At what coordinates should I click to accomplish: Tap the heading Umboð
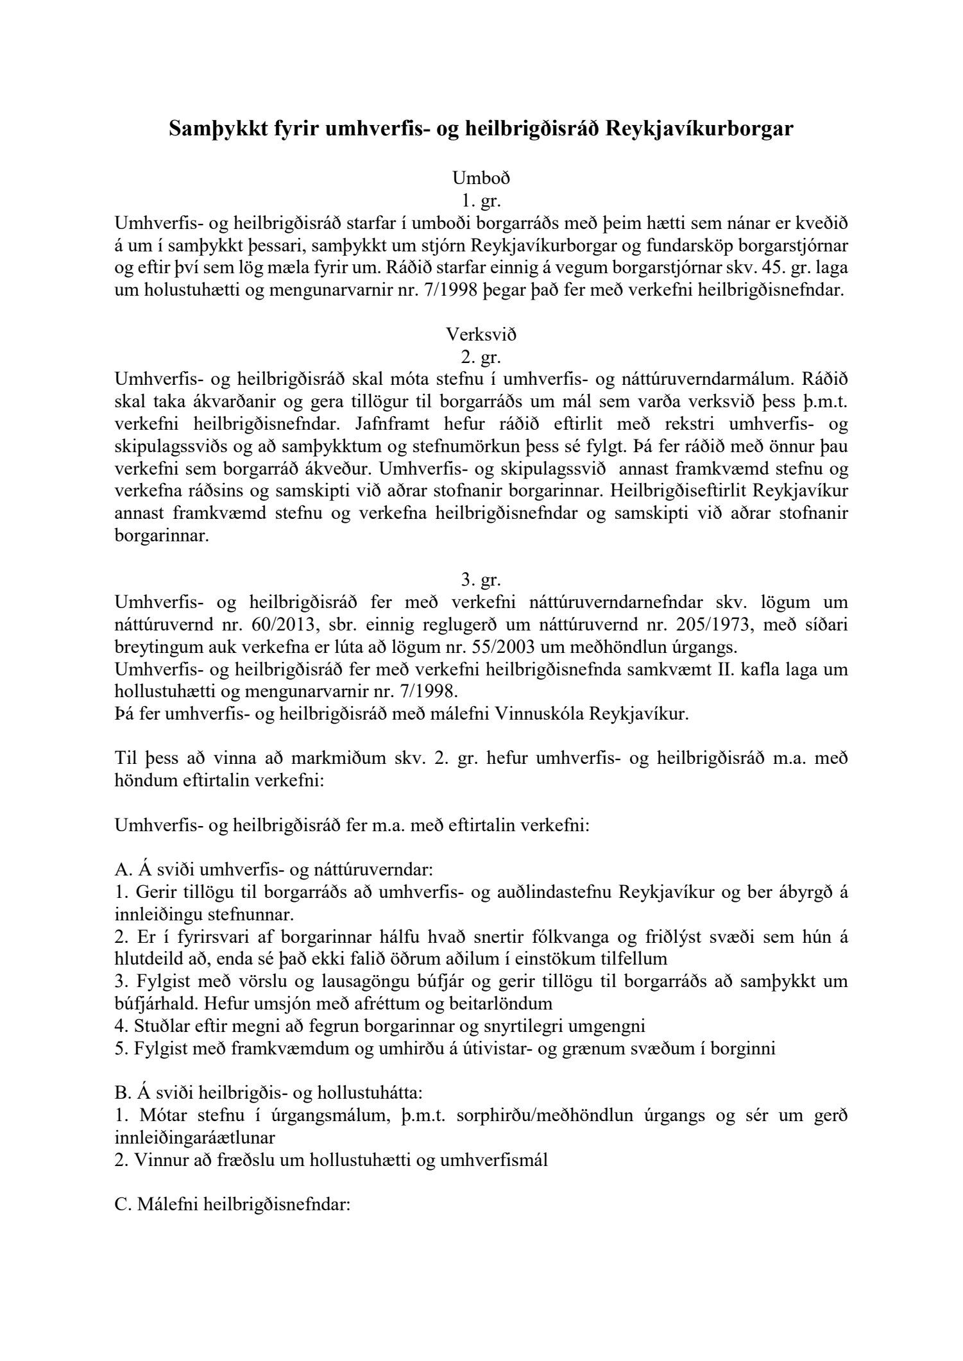tap(481, 177)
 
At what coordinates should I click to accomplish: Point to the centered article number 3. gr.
tap(481, 580)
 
